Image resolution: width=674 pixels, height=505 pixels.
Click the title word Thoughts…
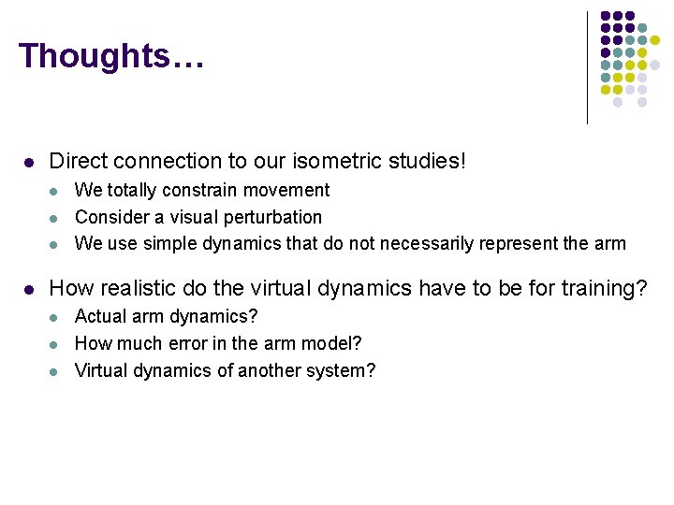coord(110,56)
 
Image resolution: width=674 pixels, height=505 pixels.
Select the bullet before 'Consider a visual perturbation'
coord(53,218)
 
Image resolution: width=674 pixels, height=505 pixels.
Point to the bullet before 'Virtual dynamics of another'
coord(53,371)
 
